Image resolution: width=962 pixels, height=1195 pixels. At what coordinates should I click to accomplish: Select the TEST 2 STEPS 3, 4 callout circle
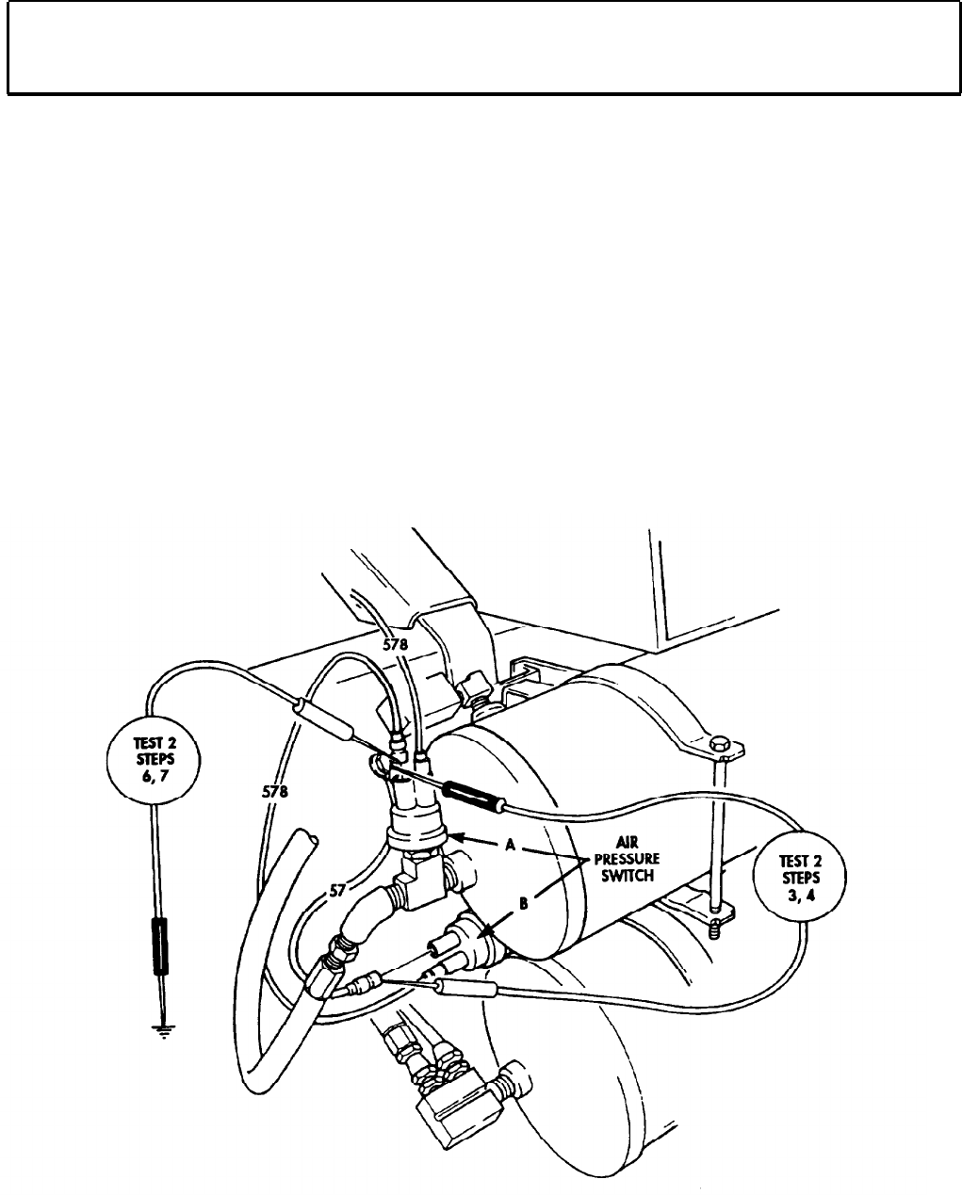tap(800, 877)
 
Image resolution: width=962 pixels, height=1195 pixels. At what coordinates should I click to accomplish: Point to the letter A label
tap(510, 846)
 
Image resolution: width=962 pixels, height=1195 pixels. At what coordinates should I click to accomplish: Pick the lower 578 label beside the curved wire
tap(274, 792)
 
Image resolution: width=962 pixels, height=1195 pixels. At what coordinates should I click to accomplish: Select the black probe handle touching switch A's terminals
tap(474, 788)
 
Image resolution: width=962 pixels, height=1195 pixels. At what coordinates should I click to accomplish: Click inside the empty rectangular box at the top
tap(481, 47)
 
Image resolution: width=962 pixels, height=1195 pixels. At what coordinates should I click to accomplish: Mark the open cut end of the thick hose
tap(307, 837)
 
